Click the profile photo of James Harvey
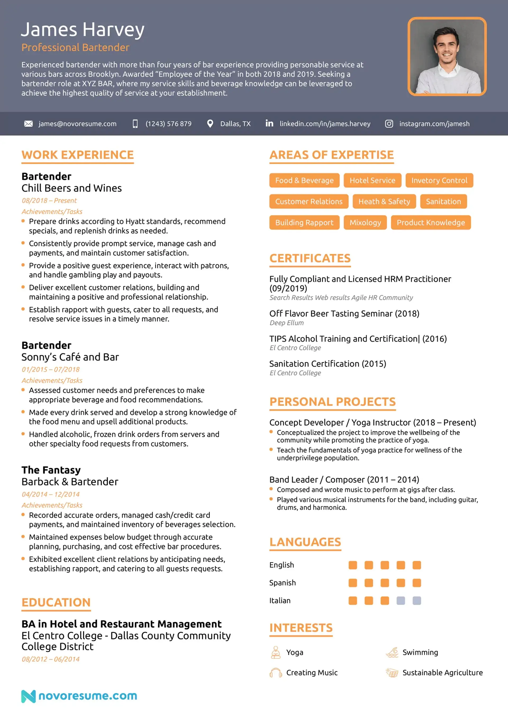[447, 56]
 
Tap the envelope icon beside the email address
[29, 124]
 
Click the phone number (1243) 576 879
[168, 124]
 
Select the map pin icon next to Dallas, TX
[210, 124]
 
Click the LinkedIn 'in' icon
[269, 123]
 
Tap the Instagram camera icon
[389, 124]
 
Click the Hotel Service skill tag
[372, 181]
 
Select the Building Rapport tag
[304, 223]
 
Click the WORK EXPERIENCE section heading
[78, 155]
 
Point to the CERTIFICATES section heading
[310, 258]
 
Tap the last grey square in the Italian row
[417, 600]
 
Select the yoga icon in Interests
[275, 652]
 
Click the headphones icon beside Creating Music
[275, 672]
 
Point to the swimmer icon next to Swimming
[392, 652]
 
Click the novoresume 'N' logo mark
[28, 696]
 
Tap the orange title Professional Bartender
[75, 48]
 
